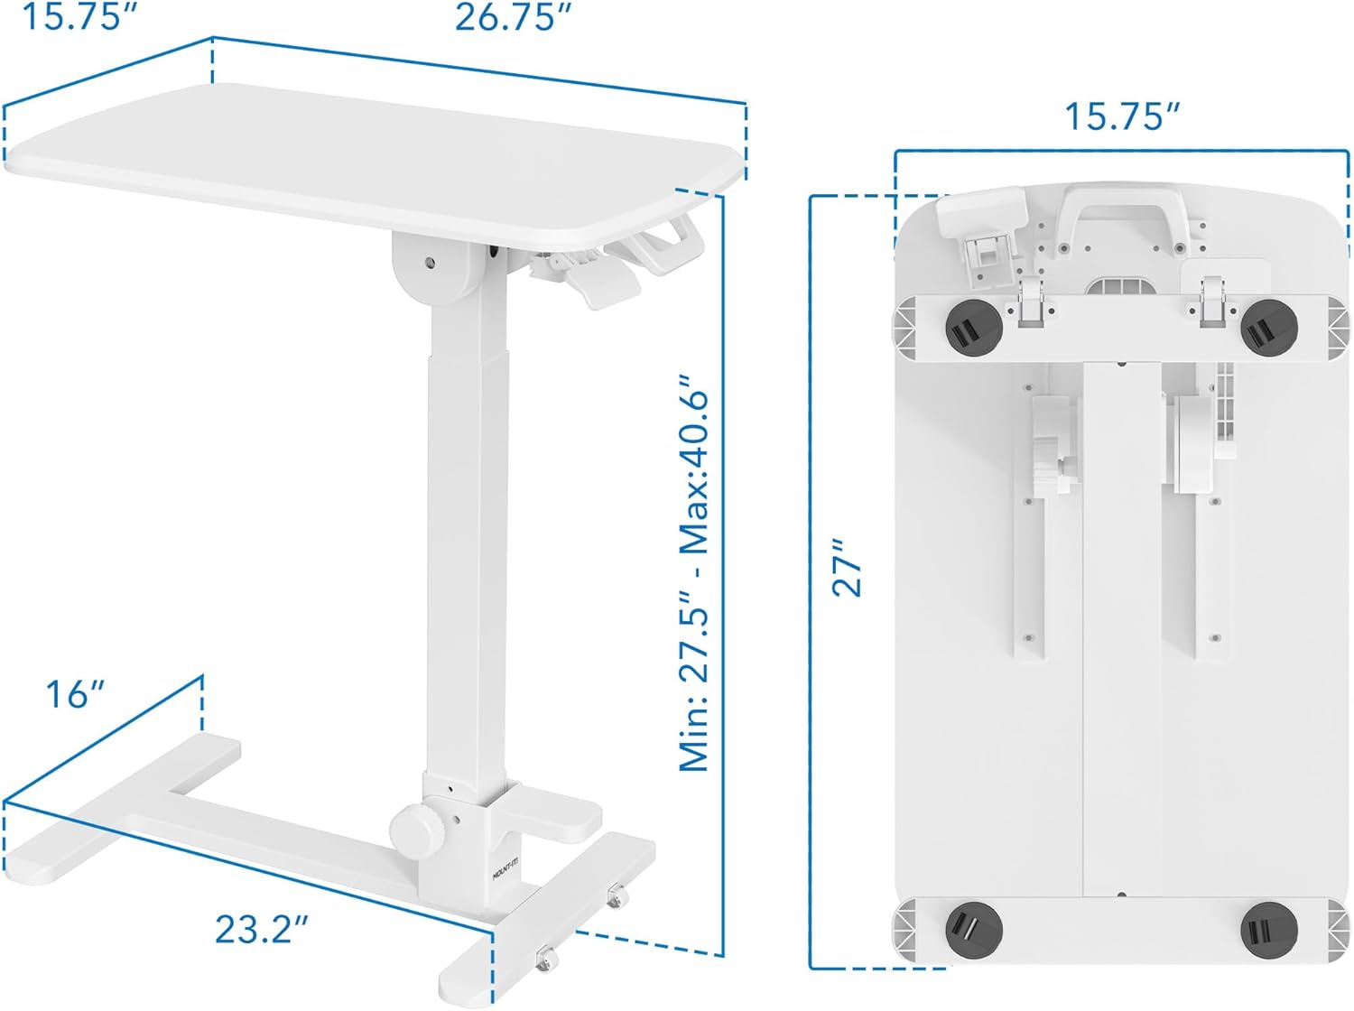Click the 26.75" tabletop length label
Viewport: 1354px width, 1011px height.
[x=513, y=17]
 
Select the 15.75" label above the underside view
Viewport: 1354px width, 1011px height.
[x=1122, y=116]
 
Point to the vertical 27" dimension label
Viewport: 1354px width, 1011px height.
[x=848, y=570]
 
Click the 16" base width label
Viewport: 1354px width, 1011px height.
[x=76, y=694]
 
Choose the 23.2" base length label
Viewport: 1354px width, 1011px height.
[x=262, y=929]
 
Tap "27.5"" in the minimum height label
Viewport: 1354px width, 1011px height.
[x=696, y=640]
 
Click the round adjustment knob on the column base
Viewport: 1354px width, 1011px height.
[x=412, y=827]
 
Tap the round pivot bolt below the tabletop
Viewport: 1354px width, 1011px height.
[x=430, y=264]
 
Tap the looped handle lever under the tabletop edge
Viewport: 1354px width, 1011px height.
[x=668, y=244]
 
